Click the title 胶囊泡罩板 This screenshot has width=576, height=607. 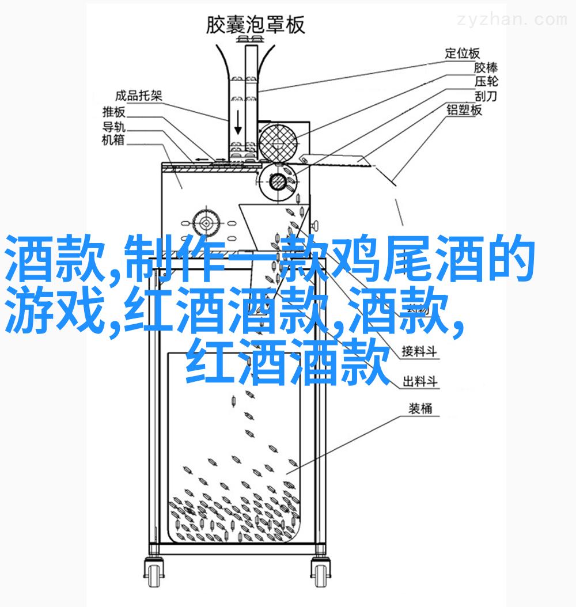[255, 25]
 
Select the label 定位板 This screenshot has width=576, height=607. [462, 54]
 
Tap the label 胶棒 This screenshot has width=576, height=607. [486, 68]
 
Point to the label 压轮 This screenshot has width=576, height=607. [486, 82]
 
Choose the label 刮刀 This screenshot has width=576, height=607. [486, 96]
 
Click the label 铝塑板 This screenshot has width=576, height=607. [464, 110]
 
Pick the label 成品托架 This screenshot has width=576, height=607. [139, 96]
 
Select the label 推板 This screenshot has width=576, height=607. [113, 112]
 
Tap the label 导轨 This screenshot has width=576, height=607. [113, 126]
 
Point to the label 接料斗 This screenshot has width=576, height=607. [419, 351]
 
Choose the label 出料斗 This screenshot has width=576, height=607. [420, 381]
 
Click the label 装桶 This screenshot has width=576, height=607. [420, 408]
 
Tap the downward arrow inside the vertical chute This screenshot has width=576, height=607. [238, 123]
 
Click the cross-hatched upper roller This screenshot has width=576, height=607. [278, 142]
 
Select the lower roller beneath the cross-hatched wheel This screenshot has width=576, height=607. [278, 181]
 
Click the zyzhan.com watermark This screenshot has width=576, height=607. [511, 20]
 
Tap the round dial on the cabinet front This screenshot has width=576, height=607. [206, 223]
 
